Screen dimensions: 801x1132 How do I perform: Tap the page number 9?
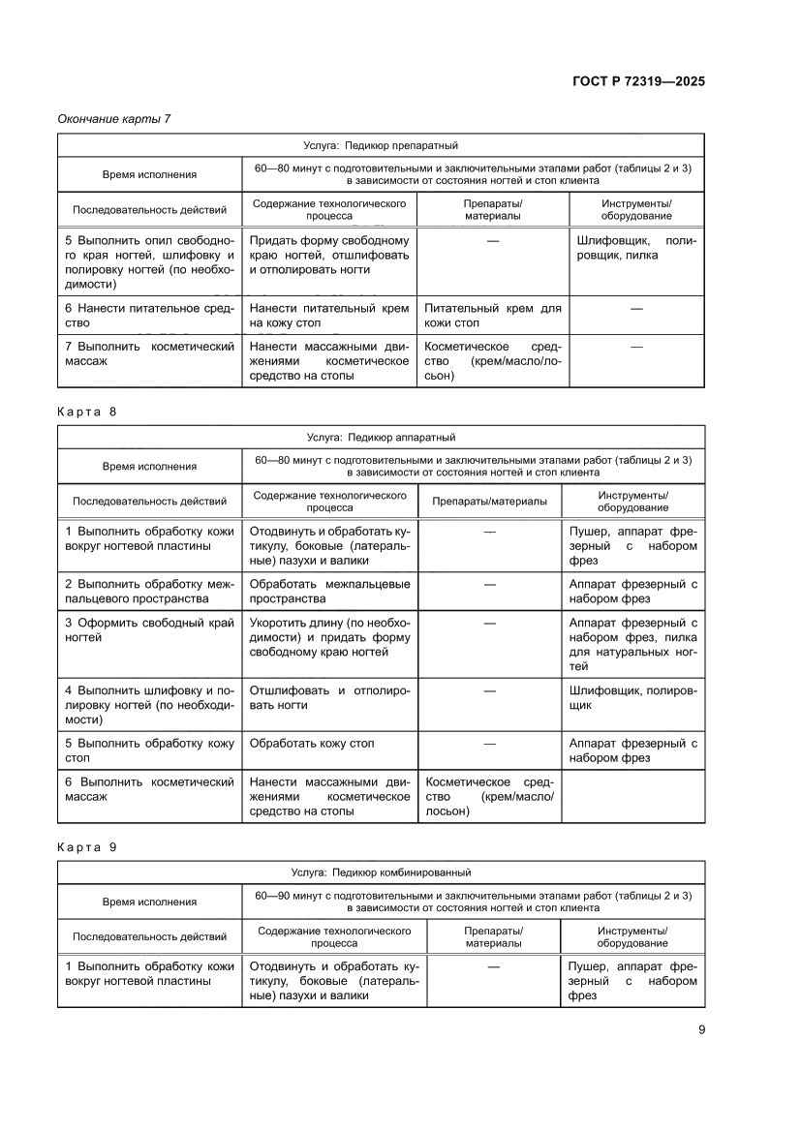click(700, 1029)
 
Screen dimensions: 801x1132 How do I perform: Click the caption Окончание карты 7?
click(114, 119)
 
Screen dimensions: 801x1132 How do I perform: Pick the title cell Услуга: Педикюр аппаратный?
click(381, 437)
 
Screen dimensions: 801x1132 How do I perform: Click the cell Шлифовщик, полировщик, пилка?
click(635, 248)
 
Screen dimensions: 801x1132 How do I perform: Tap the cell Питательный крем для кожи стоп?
click(492, 316)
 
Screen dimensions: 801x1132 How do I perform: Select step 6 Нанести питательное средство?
click(149, 316)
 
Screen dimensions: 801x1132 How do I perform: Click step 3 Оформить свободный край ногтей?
click(149, 630)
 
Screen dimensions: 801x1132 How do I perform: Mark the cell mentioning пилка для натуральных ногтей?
click(635, 645)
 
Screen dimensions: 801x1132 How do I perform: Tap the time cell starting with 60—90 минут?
click(473, 902)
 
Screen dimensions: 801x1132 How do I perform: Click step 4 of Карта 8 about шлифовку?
click(149, 705)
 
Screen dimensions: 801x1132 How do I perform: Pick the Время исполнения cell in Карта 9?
click(149, 902)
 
